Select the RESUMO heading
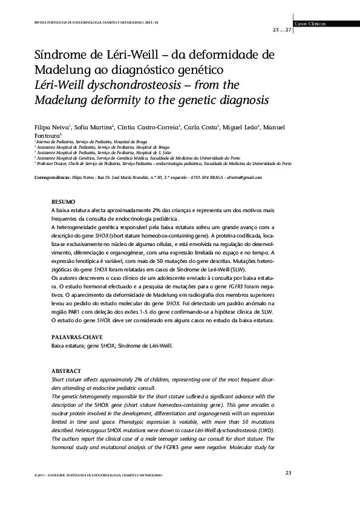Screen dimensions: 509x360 click(x=63, y=201)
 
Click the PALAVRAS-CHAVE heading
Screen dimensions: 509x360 click(x=77, y=337)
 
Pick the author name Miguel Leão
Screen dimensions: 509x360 click(x=240, y=128)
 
